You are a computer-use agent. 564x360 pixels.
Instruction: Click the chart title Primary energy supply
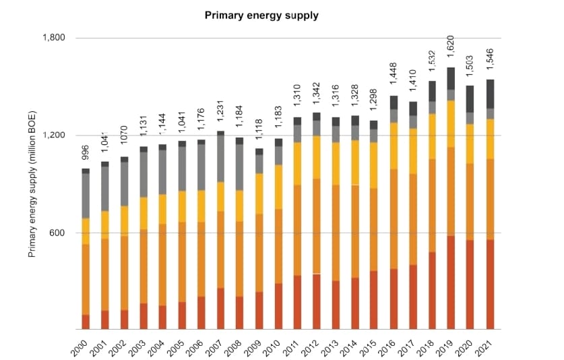coord(261,13)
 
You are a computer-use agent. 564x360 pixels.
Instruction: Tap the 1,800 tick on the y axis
coord(53,38)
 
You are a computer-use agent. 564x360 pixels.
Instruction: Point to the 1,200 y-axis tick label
coord(53,136)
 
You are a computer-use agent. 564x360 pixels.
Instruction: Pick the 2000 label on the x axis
coord(78,345)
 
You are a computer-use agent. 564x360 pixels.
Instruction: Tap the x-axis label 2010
coord(273,345)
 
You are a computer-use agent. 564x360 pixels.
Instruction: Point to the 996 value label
coord(86,153)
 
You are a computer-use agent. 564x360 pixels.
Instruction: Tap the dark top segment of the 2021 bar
coord(491,94)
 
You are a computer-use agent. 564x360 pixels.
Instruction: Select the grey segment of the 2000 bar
coord(86,196)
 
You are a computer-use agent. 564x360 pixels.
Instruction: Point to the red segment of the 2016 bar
coord(393,299)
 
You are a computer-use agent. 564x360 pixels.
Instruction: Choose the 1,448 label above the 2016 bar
coord(393,79)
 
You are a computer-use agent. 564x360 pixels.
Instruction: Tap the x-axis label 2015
coord(371,345)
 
